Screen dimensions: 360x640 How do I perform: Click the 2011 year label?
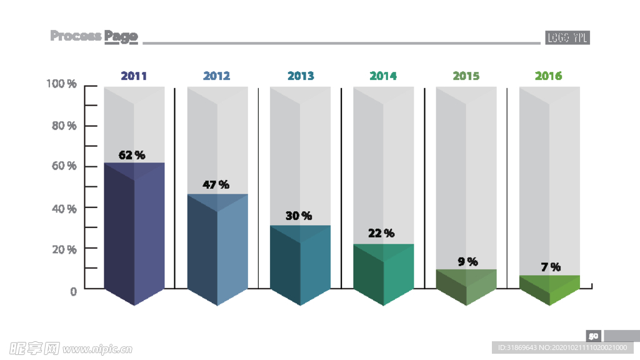coord(134,76)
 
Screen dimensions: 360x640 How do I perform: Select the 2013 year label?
coord(301,76)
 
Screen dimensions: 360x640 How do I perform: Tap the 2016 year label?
coord(548,76)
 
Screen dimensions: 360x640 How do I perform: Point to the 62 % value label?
coord(132,154)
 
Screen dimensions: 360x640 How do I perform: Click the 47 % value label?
coord(216,185)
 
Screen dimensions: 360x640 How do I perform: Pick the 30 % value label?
coord(299,216)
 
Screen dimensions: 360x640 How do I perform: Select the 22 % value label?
coord(381,233)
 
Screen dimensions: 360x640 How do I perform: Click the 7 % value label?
coord(551,267)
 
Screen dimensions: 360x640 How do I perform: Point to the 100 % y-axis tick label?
coord(62,84)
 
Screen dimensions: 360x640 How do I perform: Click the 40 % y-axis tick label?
coord(63,208)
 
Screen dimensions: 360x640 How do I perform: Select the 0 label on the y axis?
coord(73,291)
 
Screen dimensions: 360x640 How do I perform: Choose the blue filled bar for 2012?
coord(217,250)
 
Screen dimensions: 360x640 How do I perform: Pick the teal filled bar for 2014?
coord(383,275)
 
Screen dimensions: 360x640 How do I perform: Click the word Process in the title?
coord(76,36)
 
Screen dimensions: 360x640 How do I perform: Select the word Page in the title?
coord(121,36)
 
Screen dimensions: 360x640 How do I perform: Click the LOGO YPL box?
coord(567,37)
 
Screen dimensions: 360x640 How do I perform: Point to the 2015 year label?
coord(466,76)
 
